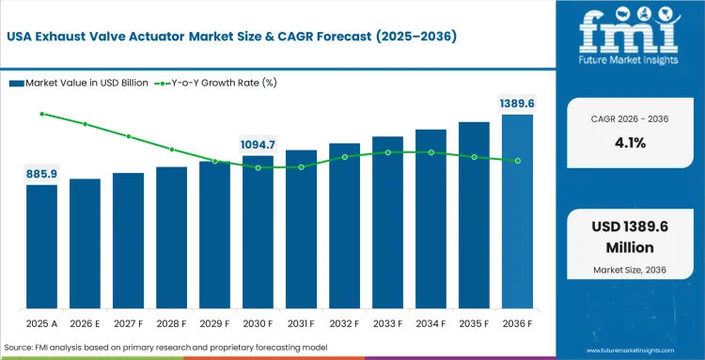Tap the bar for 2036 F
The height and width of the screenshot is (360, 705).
coord(517,211)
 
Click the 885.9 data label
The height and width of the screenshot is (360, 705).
coord(41,174)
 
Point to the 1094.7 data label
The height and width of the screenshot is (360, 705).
coord(258,145)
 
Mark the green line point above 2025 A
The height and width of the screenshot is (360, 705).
coord(41,114)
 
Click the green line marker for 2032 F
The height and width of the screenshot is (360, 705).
coord(344,157)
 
